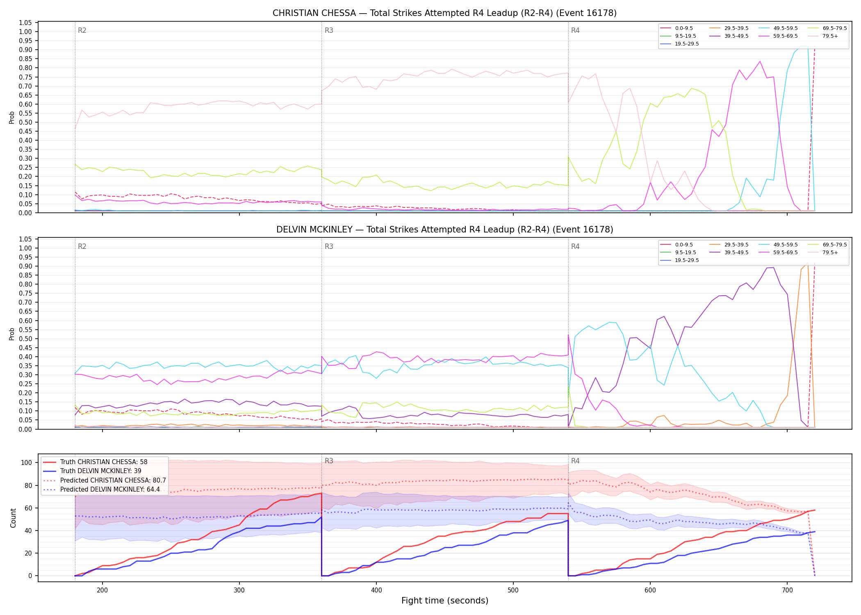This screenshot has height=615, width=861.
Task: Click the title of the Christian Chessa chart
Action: (x=444, y=13)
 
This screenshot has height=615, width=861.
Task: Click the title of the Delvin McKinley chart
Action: (x=444, y=230)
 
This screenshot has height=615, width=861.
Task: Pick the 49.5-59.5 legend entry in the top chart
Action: (x=778, y=28)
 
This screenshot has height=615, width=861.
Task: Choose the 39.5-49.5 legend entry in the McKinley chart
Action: (x=729, y=253)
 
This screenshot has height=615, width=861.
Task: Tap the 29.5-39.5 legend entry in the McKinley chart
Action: (x=729, y=245)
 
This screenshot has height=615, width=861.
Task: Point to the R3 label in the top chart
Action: (x=329, y=30)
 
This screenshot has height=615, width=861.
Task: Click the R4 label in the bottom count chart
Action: (x=575, y=461)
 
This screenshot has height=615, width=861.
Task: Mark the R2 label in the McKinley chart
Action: (x=82, y=246)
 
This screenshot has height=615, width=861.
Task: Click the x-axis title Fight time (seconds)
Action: (x=445, y=601)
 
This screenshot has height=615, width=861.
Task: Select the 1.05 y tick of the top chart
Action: (x=25, y=23)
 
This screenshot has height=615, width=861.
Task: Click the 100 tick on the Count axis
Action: (x=27, y=462)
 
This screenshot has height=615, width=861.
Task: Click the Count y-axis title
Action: (x=13, y=518)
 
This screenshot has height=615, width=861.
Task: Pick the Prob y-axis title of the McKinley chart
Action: (x=12, y=334)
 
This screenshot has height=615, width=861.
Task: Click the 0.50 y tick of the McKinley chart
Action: (x=25, y=339)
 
